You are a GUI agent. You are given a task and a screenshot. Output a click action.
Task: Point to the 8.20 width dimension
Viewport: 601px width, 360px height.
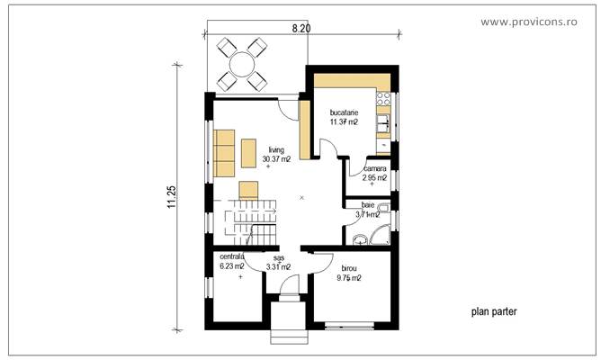(301, 29)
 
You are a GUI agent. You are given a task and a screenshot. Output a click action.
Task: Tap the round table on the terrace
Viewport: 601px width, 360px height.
(241, 65)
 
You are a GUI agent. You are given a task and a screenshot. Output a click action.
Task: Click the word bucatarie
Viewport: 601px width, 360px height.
(345, 112)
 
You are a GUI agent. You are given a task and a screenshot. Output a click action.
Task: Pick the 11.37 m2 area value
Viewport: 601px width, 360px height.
(345, 121)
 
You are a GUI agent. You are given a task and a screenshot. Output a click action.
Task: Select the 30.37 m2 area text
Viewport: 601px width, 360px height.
(276, 159)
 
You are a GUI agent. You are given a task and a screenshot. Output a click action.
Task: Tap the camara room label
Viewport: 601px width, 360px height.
(374, 168)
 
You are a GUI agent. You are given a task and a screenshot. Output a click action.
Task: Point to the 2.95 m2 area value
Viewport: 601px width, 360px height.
(374, 178)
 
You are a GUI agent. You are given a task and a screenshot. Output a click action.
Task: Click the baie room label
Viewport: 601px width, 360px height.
(367, 205)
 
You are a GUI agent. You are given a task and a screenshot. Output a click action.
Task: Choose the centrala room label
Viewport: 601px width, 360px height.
(232, 256)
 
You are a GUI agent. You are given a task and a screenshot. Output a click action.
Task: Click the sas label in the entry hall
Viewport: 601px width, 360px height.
(278, 256)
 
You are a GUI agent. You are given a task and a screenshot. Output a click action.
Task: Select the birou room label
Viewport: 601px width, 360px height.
(347, 268)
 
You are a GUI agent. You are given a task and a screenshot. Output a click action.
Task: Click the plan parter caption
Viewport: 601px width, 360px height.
(494, 311)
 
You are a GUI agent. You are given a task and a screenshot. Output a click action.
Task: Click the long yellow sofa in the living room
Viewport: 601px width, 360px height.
(223, 152)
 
